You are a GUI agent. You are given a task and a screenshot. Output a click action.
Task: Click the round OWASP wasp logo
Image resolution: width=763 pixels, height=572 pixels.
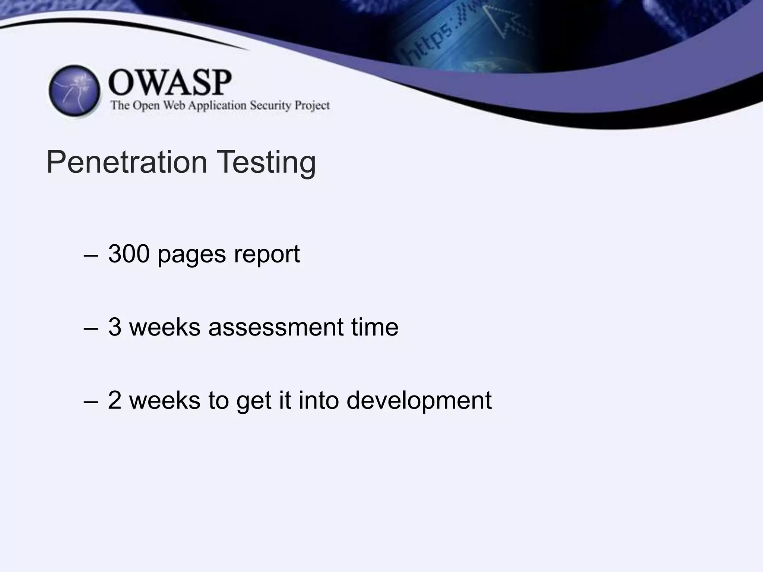point(75,91)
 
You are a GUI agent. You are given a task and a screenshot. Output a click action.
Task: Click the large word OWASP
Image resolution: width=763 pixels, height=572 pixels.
point(170,83)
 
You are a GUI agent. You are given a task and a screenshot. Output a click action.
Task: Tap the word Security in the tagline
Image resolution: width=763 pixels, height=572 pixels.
point(270,106)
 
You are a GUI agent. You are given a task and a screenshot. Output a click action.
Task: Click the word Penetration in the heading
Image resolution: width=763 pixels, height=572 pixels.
point(127,162)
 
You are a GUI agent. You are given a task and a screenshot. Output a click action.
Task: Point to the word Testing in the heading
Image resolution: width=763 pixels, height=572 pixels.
point(266,163)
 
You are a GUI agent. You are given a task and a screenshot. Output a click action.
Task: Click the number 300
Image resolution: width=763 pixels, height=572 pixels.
point(129,254)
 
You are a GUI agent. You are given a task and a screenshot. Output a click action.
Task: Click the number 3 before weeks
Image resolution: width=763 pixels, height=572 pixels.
point(115,327)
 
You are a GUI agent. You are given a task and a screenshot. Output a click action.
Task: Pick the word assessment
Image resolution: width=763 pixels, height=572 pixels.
point(276,327)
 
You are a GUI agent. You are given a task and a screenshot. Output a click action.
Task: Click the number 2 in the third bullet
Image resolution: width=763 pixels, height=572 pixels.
point(115,400)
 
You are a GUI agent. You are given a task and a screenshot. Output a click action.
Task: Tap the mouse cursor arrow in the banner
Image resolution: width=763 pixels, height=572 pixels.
point(503,20)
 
